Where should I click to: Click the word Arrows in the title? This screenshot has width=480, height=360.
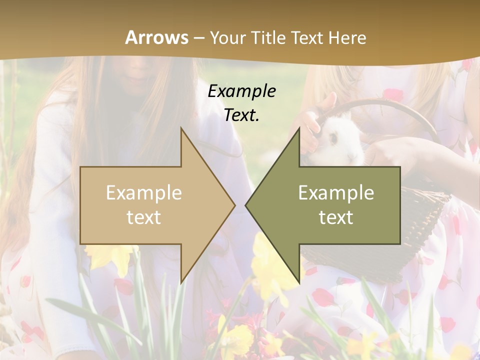coord(156,37)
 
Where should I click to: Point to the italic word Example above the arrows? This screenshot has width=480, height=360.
coord(242,91)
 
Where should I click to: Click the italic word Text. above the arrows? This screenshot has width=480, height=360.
coord(242,115)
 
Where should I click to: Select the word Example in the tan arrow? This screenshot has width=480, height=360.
coord(144,193)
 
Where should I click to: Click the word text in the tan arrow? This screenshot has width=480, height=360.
coord(144,217)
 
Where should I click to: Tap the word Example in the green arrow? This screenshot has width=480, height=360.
coord(336,193)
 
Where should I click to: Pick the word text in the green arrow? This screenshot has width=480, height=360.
coord(336,217)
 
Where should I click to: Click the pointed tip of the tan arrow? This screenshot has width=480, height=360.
coord(234,204)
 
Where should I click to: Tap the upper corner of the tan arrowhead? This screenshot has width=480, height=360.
coord(181,128)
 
